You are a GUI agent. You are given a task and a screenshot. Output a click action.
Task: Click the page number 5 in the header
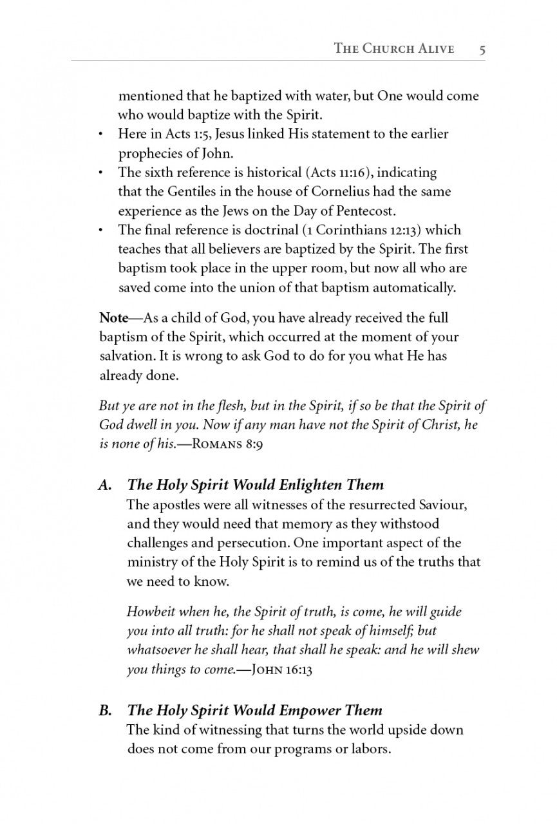point(482,49)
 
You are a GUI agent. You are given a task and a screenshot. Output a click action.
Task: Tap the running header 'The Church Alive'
point(394,49)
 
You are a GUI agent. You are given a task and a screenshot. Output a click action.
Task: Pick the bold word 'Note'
point(114,318)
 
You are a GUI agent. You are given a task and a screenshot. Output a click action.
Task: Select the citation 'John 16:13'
point(275,669)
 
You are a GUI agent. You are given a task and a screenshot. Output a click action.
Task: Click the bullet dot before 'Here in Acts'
point(101,135)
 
